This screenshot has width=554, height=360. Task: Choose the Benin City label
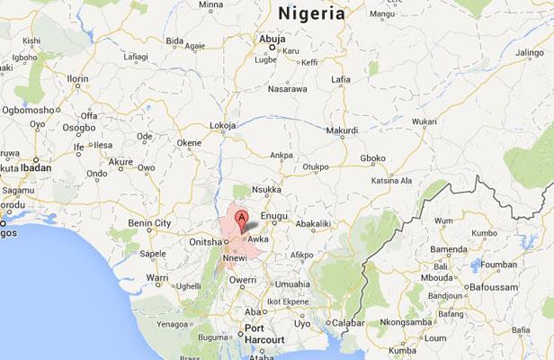149,221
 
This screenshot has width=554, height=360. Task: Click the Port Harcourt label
262,334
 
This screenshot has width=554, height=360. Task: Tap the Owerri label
242,280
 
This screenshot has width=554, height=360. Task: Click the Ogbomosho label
26,110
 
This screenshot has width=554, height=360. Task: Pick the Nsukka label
262,191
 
